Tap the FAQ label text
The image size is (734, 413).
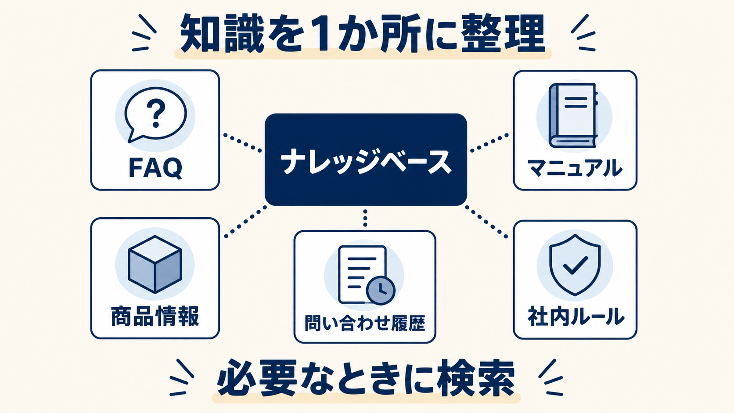tap(155, 168)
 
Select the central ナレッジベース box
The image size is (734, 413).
tap(366, 159)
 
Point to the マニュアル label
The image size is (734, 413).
tap(575, 168)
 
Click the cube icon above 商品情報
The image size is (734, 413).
tap(155, 264)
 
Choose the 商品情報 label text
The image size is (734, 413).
tap(155, 316)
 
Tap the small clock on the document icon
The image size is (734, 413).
tap(381, 290)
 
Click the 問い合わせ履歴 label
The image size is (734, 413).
tap(365, 323)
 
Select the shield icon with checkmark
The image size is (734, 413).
tap(575, 265)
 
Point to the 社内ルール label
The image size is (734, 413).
tap(576, 317)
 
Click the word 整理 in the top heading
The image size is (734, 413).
tap(503, 33)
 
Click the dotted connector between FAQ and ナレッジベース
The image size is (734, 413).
tap(242, 143)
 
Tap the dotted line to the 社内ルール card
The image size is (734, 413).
tap(486, 221)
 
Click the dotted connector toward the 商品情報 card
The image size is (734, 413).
tap(245, 221)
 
